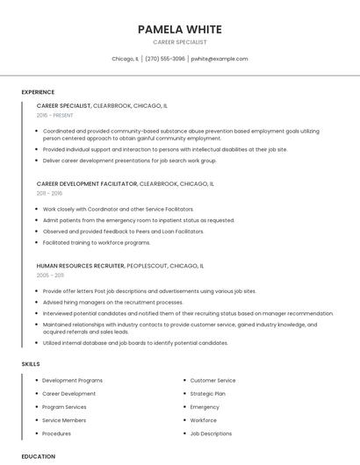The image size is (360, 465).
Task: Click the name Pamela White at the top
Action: (179, 29)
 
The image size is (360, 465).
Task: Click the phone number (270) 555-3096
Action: (164, 59)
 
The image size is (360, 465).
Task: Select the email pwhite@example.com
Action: (220, 59)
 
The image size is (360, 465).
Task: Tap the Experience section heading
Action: (38, 92)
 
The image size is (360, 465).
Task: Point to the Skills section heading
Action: (30, 363)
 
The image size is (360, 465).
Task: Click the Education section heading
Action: (38, 456)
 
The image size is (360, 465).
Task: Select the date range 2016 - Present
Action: (54, 115)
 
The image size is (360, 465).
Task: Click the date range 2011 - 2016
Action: (49, 193)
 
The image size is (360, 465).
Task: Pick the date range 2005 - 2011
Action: (50, 275)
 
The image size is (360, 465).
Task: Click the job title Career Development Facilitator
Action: (87, 184)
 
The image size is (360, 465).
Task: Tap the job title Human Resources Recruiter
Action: (80, 265)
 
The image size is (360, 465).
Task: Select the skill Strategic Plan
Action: (208, 394)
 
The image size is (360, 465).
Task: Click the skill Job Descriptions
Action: (211, 433)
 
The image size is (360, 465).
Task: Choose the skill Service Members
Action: (64, 420)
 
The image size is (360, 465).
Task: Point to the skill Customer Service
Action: (212, 381)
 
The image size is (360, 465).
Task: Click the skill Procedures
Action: (56, 433)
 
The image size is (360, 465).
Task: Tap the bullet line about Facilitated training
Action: (96, 242)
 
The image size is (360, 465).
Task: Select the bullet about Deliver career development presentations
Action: (129, 161)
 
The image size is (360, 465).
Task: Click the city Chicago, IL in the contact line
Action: (125, 59)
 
